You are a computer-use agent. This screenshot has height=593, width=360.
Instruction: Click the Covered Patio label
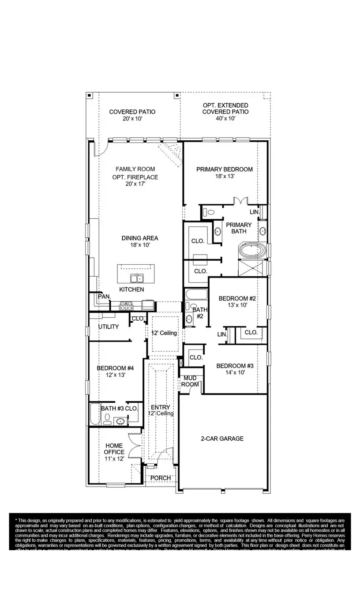pos(132,112)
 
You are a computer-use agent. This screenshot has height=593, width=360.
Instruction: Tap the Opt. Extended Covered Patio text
pos(225,109)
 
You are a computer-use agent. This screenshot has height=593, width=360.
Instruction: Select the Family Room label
pos(135,169)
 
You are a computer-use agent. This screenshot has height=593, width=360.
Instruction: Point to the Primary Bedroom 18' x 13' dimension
pos(225,176)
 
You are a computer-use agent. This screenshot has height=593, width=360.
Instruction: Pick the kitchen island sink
pos(136,278)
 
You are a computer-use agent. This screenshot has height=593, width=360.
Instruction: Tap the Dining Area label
pos(139,238)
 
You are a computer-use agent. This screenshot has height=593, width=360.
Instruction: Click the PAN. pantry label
pos(104,296)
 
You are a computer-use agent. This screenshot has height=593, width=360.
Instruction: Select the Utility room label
pos(109,327)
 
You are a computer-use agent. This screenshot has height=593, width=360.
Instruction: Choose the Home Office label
pos(114,449)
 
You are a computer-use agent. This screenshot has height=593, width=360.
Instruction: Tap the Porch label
pos(161,478)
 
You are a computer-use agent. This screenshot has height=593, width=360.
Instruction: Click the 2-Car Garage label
pos(222,439)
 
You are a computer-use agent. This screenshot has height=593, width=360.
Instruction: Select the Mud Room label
pos(190,381)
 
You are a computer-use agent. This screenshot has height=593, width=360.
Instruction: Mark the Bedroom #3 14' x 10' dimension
pos(235,372)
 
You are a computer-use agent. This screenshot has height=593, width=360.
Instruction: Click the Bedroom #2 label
pos(237,298)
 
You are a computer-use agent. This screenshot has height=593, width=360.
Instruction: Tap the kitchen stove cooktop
pos(127,305)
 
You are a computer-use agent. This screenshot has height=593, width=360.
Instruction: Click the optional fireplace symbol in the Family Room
pos(171,152)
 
